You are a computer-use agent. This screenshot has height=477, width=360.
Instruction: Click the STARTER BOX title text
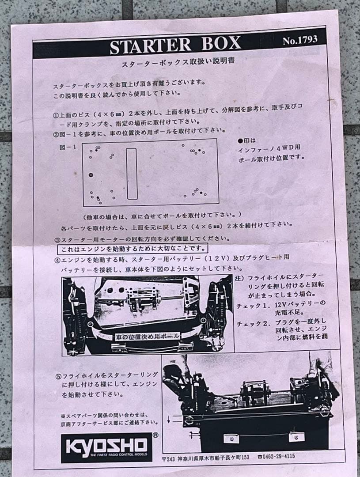(175, 45)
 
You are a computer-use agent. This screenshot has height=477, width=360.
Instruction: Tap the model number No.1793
(300, 40)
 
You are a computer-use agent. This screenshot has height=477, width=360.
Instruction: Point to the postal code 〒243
(170, 458)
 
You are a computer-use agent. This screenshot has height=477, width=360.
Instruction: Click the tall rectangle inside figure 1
(132, 173)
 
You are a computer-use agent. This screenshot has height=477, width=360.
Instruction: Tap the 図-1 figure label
(68, 147)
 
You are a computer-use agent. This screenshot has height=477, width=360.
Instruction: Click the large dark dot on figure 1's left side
(91, 175)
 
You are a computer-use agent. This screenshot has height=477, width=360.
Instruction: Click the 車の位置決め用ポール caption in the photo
(147, 336)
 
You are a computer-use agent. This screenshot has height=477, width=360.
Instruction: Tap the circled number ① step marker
(56, 115)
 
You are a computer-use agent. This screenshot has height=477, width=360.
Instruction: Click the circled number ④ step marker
(57, 259)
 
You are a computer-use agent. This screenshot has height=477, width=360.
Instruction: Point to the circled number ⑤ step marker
(58, 377)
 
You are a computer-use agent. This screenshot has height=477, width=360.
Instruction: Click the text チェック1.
(253, 305)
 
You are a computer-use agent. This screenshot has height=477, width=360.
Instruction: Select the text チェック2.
(253, 323)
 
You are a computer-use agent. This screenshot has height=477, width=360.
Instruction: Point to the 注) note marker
(239, 279)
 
